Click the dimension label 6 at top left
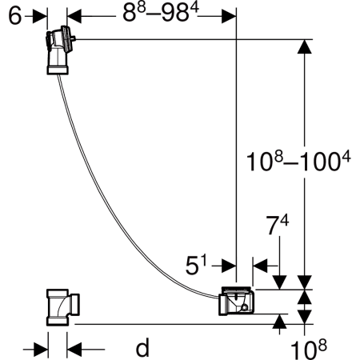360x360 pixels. (x=15, y=16)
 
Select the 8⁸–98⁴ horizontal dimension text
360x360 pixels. (x=161, y=13)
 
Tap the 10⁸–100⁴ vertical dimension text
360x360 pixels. (x=298, y=162)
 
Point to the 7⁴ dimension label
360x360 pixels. (x=278, y=226)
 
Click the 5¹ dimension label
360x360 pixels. (x=196, y=265)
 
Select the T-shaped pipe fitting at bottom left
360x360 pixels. (x=63, y=307)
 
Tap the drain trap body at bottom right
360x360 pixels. (x=236, y=302)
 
